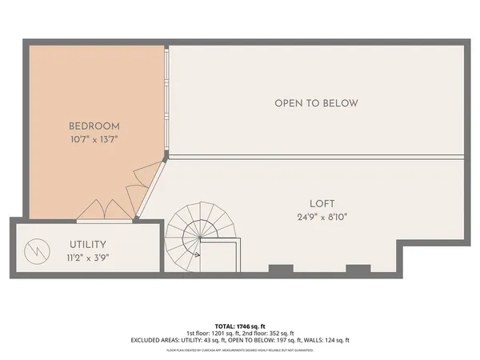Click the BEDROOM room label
[x=94, y=126]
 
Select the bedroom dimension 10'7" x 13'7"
[x=94, y=139]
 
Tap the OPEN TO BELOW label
[x=316, y=103]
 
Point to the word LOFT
[x=322, y=203]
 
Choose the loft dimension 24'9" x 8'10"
[x=322, y=216]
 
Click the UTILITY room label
[x=89, y=244]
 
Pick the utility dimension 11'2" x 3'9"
[x=89, y=258]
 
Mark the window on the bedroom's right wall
[x=166, y=100]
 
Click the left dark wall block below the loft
[x=280, y=270]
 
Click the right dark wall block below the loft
[x=358, y=270]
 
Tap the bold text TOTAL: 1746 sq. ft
[x=239, y=326]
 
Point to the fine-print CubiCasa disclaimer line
[x=239, y=350]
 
